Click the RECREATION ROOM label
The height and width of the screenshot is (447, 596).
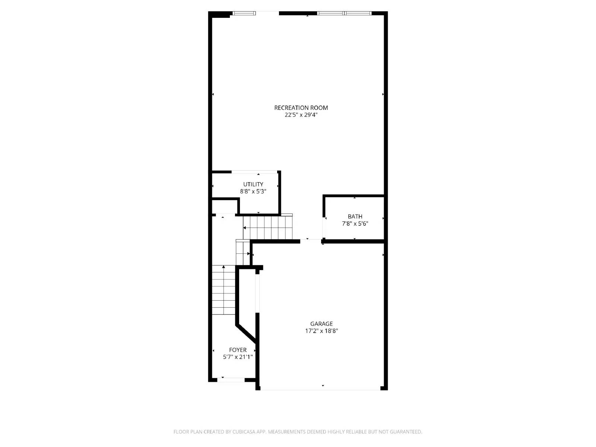click(301, 108)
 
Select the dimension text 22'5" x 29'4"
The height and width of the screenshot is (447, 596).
click(301, 115)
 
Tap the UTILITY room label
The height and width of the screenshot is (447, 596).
click(253, 184)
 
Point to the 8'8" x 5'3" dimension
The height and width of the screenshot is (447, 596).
click(253, 191)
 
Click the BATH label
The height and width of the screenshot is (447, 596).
click(355, 216)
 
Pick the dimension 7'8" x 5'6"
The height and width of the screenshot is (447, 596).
click(355, 223)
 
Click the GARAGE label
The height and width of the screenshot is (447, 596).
click(321, 324)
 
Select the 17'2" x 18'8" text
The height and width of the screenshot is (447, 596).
click(321, 331)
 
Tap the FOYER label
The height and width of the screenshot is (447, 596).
click(238, 350)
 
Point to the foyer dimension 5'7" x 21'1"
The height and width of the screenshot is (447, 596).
click(238, 357)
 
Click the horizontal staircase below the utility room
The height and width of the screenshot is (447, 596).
click(267, 228)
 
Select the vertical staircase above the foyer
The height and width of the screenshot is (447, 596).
click(224, 290)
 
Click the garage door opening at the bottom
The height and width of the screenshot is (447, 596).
click(320, 390)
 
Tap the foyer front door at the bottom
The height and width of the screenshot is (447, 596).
click(231, 380)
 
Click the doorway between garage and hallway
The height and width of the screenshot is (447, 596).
click(311, 241)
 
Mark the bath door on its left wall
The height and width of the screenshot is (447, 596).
click(324, 227)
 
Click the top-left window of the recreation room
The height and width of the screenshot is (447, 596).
click(244, 13)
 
